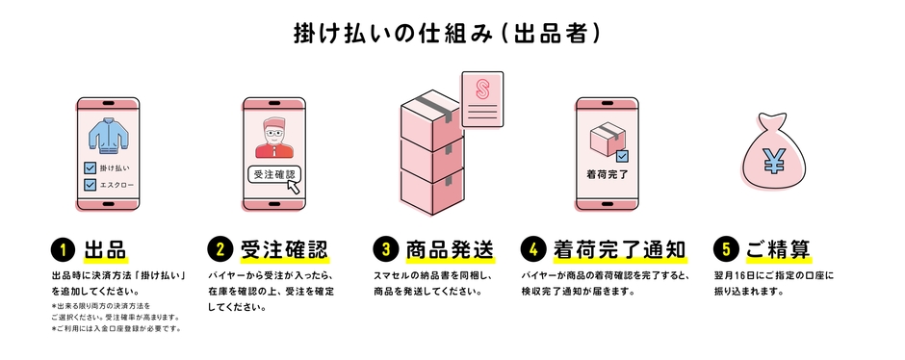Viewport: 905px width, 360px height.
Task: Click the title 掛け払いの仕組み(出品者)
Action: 449,33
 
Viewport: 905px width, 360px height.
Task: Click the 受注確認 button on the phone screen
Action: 274,175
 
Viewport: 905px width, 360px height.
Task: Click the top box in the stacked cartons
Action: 427,119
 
